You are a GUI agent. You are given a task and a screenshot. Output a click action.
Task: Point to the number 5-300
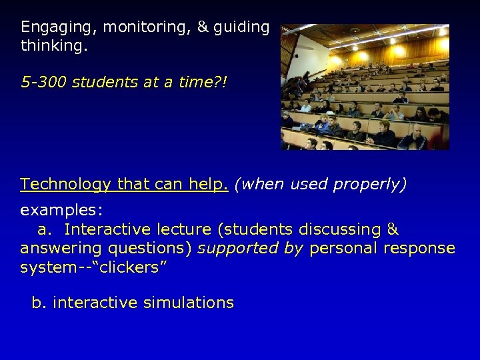[x=44, y=82]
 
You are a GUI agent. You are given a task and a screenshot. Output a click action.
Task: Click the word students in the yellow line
[x=97, y=82]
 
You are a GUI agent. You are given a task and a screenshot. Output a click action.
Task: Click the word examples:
[x=61, y=211]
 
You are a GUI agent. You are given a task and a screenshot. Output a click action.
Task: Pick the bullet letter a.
[x=45, y=229]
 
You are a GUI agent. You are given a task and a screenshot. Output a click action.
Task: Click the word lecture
[x=185, y=229]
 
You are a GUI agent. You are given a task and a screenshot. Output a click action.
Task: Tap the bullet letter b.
[x=39, y=303]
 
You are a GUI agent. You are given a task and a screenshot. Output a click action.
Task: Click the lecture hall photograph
[x=365, y=87]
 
